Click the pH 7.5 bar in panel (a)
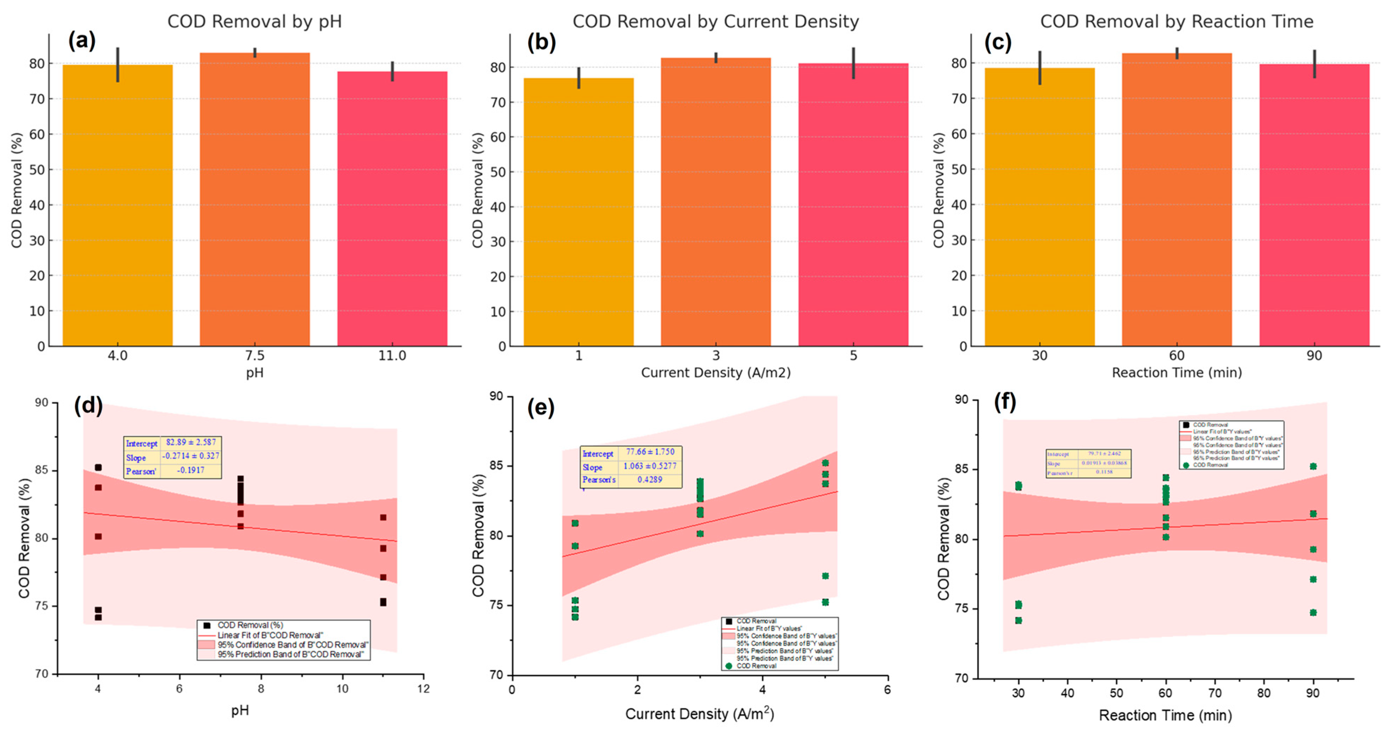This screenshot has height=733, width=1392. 255,200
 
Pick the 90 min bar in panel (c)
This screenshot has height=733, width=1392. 1314,205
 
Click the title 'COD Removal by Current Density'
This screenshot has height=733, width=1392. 716,21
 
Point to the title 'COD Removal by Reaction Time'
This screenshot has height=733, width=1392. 1176,21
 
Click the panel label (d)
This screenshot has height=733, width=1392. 88,405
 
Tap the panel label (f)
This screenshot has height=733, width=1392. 1005,402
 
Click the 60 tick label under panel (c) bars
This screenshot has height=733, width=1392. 1176,356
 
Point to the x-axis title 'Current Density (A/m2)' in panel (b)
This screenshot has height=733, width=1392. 716,373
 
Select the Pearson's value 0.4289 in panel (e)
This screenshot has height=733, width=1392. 649,480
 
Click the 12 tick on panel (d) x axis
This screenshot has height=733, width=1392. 423,689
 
